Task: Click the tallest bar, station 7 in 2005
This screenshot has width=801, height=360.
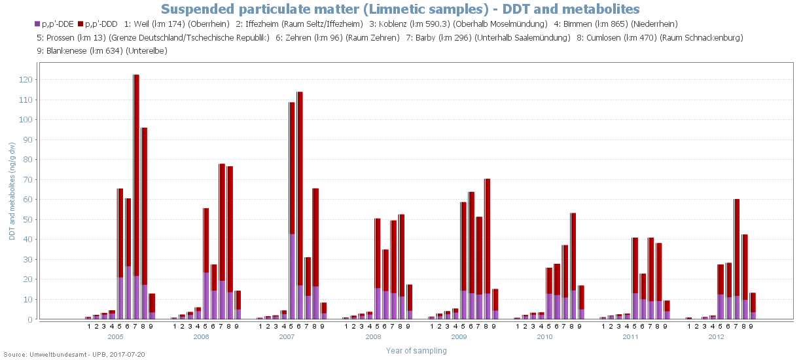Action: point(136,196)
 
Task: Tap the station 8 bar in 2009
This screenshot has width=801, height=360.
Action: point(488,249)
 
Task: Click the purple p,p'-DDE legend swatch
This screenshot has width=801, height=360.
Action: point(37,24)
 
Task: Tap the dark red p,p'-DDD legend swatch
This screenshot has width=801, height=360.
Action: point(80,24)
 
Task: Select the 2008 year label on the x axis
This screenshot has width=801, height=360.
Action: point(373,336)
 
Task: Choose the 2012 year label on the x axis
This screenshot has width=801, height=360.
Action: point(717,336)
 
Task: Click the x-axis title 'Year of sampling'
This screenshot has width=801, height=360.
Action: point(416,351)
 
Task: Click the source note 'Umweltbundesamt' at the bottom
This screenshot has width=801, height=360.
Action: point(54,354)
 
